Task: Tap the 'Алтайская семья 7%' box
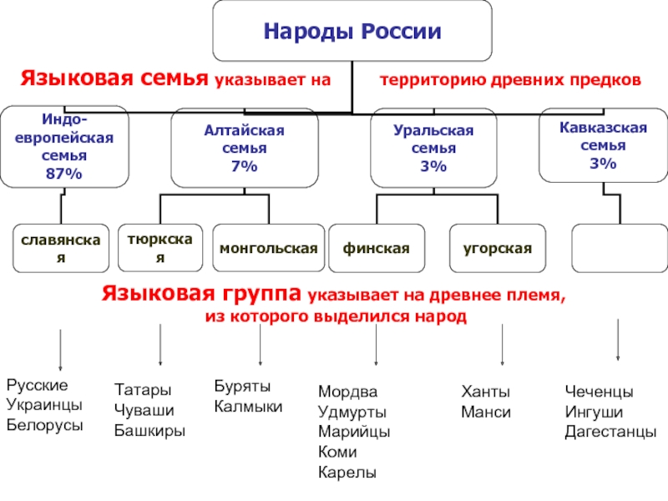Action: [x=244, y=149]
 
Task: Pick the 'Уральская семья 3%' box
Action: [x=433, y=149]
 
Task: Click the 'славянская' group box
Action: [x=60, y=248]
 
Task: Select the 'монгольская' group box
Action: [x=268, y=248]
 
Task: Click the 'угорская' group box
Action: [x=498, y=248]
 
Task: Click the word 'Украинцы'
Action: [x=43, y=405]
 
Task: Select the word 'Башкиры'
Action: [x=149, y=431]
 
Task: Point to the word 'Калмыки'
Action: [x=248, y=407]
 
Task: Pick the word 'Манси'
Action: [x=485, y=412]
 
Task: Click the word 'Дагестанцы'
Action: [x=610, y=432]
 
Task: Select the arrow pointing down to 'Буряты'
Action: [x=261, y=345]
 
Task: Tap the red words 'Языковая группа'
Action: [x=202, y=294]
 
